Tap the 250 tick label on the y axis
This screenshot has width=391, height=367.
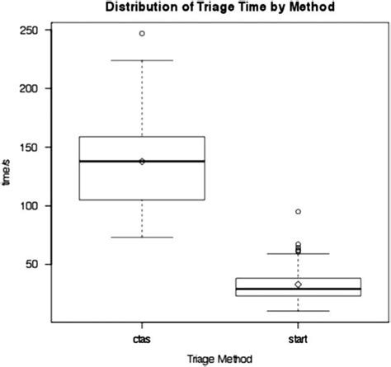(33, 30)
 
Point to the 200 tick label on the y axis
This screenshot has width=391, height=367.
(33, 88)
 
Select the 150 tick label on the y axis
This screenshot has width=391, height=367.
(33, 147)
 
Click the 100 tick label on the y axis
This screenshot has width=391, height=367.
(33, 205)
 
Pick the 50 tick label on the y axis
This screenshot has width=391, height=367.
(35, 264)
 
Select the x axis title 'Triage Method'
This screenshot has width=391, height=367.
(219, 358)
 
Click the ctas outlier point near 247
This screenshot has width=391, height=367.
(142, 34)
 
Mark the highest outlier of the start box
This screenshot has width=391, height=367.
(299, 211)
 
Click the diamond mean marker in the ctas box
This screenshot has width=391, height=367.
(142, 161)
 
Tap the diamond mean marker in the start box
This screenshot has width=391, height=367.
(299, 285)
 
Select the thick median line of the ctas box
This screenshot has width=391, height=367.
(173, 161)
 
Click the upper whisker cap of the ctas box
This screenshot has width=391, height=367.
(142, 60)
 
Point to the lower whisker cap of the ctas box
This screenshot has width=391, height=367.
(142, 237)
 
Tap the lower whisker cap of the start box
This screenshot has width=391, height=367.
(299, 311)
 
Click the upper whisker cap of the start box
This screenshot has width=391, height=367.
(299, 254)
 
